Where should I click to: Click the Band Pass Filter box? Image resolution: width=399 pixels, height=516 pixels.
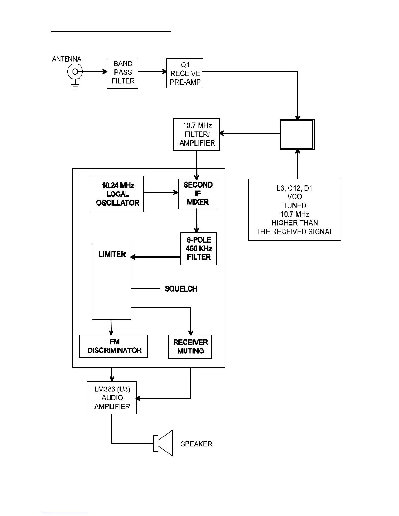click(x=123, y=73)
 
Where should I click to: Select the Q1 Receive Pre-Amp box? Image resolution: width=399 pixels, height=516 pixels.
click(x=185, y=73)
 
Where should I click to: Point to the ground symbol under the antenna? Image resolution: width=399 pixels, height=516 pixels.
click(x=75, y=86)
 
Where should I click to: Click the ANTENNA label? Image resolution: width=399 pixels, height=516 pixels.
click(x=66, y=59)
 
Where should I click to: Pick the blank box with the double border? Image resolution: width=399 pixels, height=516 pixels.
click(x=297, y=134)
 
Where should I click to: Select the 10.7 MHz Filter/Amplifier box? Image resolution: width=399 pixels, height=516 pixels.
click(x=197, y=134)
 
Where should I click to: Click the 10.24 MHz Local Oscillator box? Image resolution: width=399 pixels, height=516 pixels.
click(x=117, y=194)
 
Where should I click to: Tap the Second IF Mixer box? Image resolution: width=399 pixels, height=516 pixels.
click(x=198, y=194)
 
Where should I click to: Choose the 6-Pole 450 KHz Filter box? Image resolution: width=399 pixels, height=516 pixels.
click(x=199, y=249)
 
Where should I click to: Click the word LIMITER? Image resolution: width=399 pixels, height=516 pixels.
click(x=112, y=255)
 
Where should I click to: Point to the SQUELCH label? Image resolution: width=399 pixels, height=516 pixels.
click(x=181, y=289)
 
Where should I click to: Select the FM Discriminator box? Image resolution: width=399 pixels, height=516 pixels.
click(x=113, y=346)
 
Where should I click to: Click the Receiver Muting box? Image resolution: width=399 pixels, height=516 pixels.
click(x=190, y=347)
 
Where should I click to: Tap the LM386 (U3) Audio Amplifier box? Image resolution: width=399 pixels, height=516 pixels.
click(x=111, y=398)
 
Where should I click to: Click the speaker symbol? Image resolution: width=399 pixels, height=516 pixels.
click(x=163, y=443)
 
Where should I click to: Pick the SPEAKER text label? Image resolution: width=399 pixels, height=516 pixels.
click(x=196, y=444)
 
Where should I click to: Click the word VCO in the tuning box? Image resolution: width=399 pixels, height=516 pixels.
click(x=294, y=197)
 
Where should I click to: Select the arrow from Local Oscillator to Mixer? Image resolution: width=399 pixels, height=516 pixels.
click(x=161, y=192)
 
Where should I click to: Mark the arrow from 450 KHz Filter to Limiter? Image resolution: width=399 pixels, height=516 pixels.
click(x=155, y=257)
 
